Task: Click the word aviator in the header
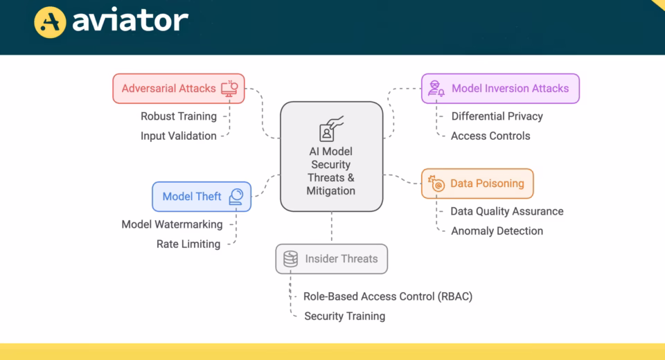[130, 21]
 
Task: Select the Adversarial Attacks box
[179, 89]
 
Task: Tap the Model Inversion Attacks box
[500, 89]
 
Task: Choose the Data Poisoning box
[477, 183]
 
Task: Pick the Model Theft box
[201, 197]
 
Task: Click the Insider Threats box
[331, 259]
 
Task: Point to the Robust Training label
[179, 116]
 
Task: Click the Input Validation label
[179, 136]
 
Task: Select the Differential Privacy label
[497, 116]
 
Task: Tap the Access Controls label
[490, 136]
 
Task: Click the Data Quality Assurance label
[507, 211]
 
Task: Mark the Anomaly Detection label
[497, 231]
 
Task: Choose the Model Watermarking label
[172, 224]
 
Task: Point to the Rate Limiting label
[188, 244]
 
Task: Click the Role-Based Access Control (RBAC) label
[388, 296]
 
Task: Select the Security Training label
[344, 316]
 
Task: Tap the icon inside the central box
[331, 129]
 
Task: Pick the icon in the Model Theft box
[236, 197]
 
